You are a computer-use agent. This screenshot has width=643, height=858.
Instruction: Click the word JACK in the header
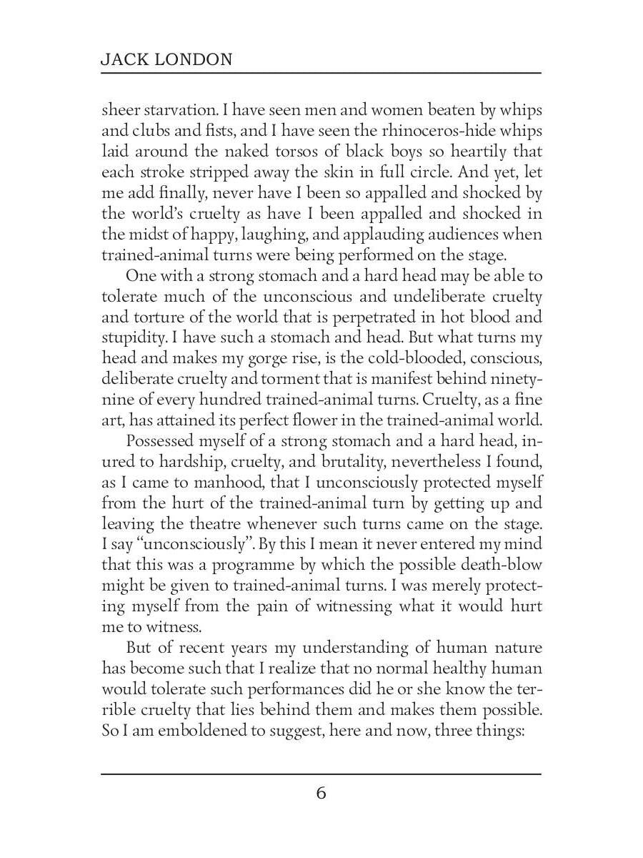tap(122, 60)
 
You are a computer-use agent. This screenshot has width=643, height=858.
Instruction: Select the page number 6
tap(321, 793)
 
